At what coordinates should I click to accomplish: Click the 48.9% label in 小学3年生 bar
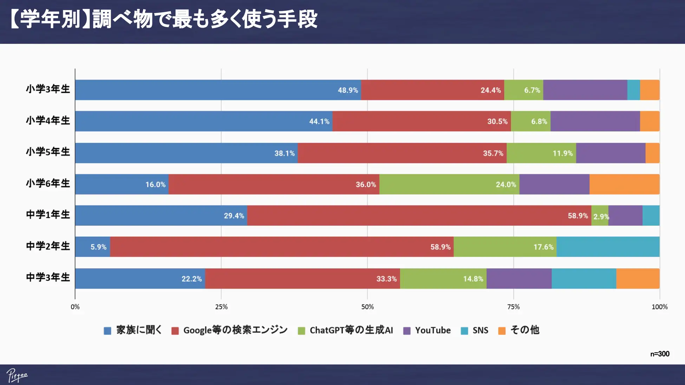coord(348,90)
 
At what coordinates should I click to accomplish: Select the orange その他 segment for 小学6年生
coord(624,184)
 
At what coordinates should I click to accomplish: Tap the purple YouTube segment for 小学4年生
coord(595,121)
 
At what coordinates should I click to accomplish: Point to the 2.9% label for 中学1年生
coord(601,217)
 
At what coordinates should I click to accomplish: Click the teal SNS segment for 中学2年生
coord(608,247)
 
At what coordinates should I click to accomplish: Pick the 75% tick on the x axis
coord(513,307)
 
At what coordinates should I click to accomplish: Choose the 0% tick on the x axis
coord(75,307)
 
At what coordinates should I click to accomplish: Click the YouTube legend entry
coord(427,330)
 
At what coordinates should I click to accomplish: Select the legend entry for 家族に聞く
coord(133,330)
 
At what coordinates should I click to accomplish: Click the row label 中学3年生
coord(48,277)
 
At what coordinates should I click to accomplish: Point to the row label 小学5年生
coord(48,152)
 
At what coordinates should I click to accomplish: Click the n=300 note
coord(659,354)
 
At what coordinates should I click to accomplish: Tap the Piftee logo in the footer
coord(17,376)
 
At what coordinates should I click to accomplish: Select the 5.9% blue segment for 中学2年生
coord(92,247)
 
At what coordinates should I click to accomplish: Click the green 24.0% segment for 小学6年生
coord(449,184)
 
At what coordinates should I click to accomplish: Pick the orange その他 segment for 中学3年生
coord(638,279)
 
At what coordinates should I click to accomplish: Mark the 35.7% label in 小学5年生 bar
coord(493,153)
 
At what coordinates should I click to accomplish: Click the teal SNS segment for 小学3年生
coord(633,90)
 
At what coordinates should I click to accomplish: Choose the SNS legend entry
coord(475,330)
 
